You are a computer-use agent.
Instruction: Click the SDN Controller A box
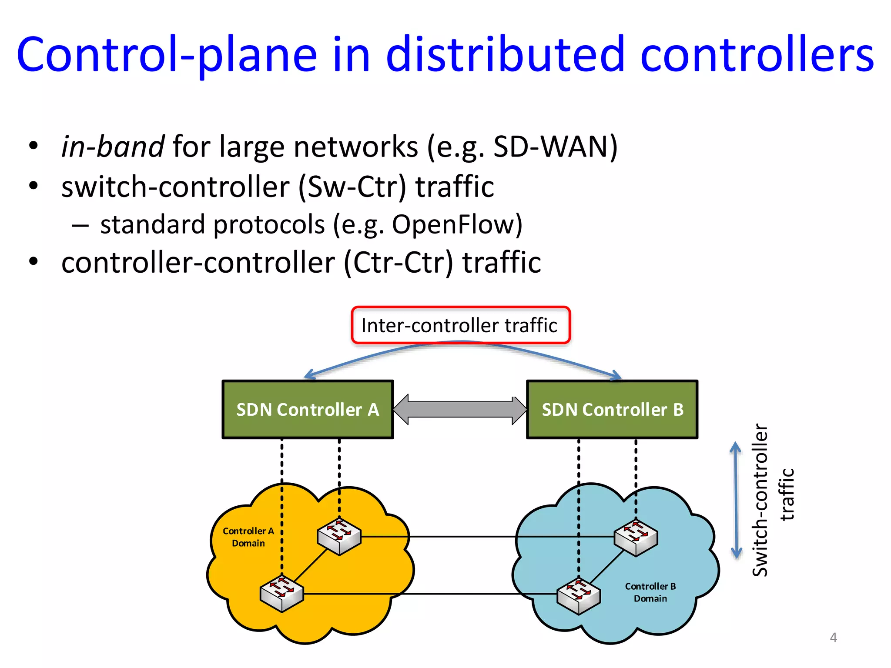coord(308,410)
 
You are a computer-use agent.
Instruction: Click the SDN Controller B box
coord(612,410)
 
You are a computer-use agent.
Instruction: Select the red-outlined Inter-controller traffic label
coord(460,325)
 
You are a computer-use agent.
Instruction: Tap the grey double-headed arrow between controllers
coord(460,410)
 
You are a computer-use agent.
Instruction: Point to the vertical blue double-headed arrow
coord(736,500)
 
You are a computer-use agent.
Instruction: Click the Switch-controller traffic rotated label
coord(773,500)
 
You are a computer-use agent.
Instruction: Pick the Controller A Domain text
coord(248,537)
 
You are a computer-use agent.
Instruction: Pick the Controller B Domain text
coord(650,592)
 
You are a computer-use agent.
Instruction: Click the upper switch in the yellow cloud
coord(339,536)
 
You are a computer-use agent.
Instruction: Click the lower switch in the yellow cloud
coord(281,593)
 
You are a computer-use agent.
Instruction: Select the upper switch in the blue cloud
coord(636,538)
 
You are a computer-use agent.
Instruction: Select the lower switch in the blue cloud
coord(579,596)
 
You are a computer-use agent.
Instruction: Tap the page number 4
coord(833,638)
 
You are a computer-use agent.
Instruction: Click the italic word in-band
coord(112,147)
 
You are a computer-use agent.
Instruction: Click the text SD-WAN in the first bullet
coord(550,147)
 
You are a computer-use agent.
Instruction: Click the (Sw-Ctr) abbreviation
coord(352,187)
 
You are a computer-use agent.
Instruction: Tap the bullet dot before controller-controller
coord(33,261)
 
